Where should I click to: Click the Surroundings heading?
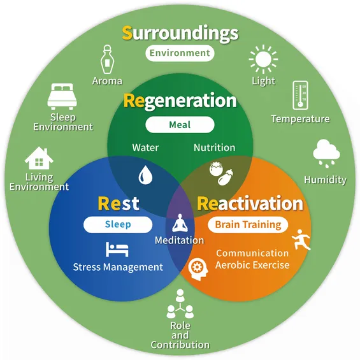(180, 34)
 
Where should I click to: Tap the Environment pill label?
(180, 54)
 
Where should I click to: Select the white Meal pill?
(180, 125)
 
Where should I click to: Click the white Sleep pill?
(118, 224)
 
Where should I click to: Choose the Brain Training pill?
(248, 224)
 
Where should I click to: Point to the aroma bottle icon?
(107, 59)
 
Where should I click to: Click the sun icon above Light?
(263, 59)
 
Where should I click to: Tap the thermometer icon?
(300, 96)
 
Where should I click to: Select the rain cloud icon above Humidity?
(326, 154)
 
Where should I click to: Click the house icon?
(39, 158)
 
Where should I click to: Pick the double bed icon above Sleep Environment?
(62, 96)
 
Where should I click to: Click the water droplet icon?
(145, 175)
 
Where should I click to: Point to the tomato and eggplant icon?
(221, 173)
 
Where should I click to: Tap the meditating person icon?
(180, 223)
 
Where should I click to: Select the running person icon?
(301, 240)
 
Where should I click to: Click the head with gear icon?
(198, 269)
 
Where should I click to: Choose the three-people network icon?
(180, 303)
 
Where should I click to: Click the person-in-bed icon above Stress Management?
(117, 249)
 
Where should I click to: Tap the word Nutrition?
(215, 148)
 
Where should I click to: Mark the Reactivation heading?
(250, 203)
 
